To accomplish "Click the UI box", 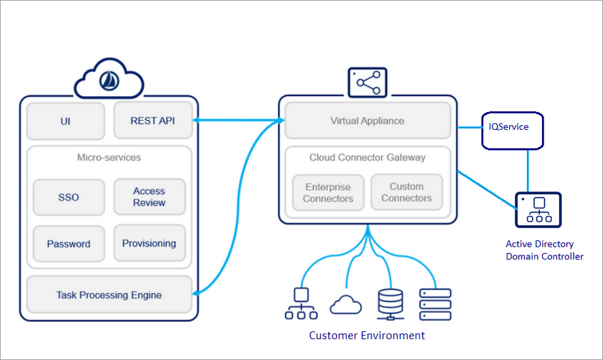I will [66, 121].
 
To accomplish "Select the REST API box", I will [153, 121].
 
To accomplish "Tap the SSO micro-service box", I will [69, 197].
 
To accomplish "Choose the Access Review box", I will [149, 197].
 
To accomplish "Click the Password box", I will [69, 244].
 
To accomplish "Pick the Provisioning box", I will [149, 244].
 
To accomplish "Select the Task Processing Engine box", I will [109, 295].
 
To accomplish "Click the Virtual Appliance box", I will [367, 120].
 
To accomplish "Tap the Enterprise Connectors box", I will [328, 192].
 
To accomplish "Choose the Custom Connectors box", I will [407, 192].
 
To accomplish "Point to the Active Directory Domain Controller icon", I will [538, 210].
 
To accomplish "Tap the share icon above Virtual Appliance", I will [367, 82].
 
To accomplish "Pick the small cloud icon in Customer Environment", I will [346, 305].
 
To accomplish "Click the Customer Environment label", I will [366, 336].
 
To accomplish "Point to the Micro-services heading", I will [109, 157].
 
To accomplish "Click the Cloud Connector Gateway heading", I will [367, 158].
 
